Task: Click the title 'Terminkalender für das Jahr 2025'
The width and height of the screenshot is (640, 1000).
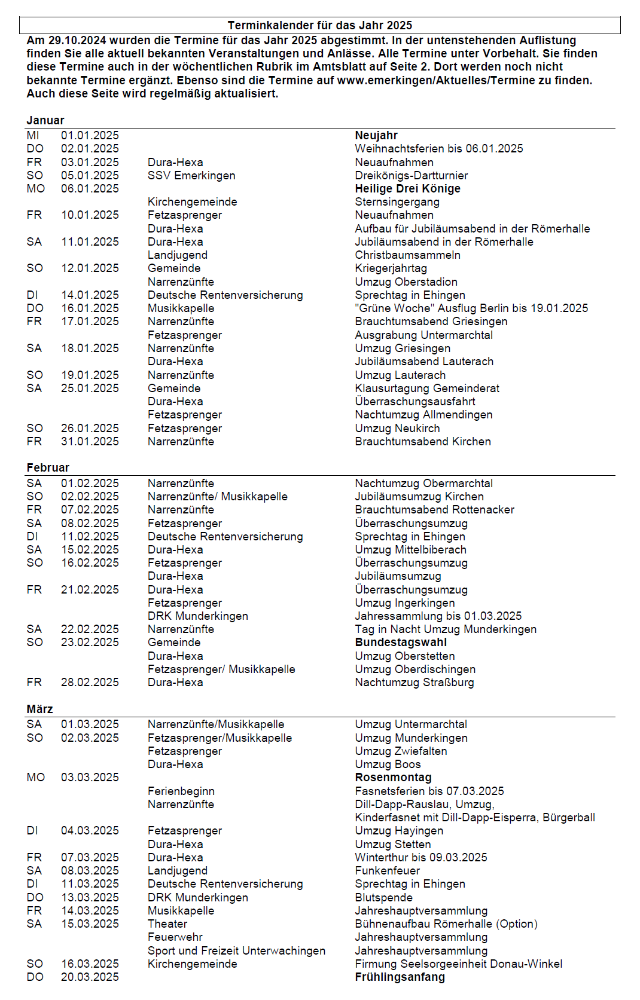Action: click(320, 25)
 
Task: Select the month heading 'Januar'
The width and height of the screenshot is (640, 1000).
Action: click(45, 120)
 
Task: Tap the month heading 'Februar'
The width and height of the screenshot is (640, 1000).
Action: click(48, 467)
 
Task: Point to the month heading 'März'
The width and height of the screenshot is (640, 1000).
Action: click(39, 709)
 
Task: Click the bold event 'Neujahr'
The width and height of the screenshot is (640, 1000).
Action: click(376, 136)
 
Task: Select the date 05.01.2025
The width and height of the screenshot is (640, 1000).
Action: click(90, 176)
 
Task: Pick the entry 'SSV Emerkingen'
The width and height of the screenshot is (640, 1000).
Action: click(191, 176)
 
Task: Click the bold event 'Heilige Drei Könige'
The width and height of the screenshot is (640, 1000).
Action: click(407, 189)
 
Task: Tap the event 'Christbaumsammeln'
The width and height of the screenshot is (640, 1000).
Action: click(407, 255)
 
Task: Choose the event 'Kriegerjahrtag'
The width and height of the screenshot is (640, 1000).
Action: click(391, 268)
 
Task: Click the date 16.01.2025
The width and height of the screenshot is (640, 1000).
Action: click(90, 308)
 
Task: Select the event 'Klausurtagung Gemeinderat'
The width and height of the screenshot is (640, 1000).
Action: click(427, 389)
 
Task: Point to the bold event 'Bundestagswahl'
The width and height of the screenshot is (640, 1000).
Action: click(401, 643)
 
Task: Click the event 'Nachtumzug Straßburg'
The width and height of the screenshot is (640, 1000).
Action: click(414, 683)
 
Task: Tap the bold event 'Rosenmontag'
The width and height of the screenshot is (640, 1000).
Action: click(393, 778)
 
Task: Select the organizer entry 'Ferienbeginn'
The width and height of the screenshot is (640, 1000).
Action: click(181, 791)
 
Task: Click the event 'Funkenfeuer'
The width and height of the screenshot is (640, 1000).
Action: click(387, 871)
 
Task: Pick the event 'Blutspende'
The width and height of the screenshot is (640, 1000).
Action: click(383, 898)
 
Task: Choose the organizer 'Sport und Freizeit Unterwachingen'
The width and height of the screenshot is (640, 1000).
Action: click(236, 951)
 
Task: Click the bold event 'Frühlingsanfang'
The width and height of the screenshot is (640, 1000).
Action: click(400, 977)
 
